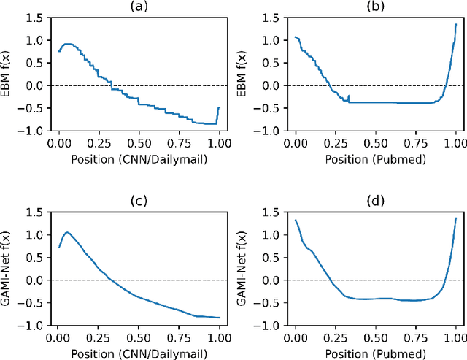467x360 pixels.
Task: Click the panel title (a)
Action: click(x=138, y=7)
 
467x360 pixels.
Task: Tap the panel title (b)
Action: click(x=375, y=7)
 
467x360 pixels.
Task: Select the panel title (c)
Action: click(x=138, y=201)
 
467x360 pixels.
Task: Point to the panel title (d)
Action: click(x=375, y=201)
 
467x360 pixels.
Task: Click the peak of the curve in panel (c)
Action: click(x=67, y=233)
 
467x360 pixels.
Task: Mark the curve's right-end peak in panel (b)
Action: click(x=455, y=23)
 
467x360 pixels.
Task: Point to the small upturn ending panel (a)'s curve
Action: click(x=218, y=108)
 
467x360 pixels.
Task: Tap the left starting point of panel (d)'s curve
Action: click(x=296, y=220)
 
